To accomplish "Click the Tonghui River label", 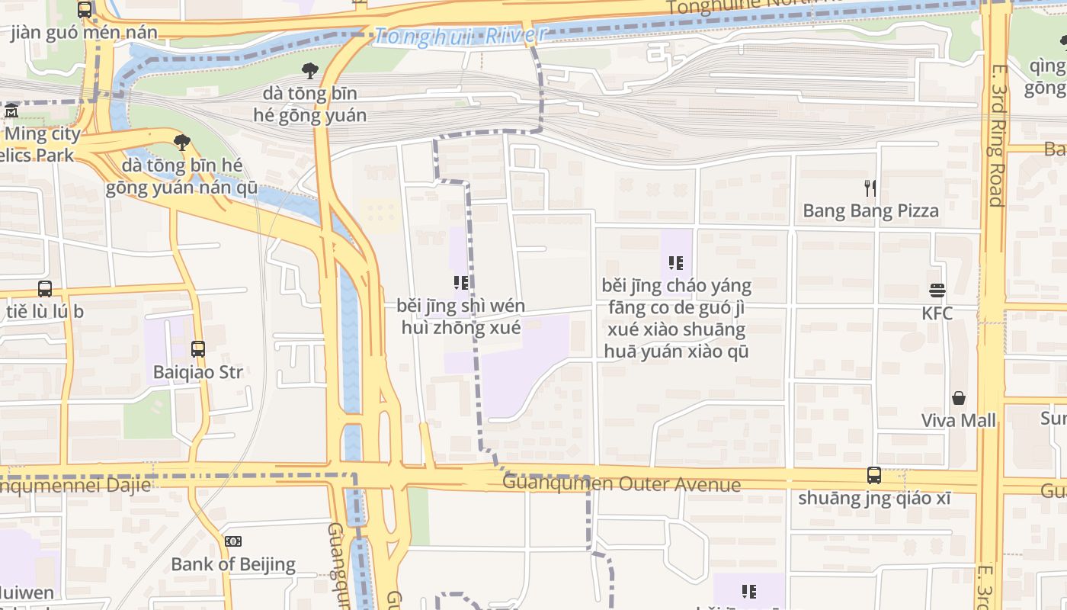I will [460, 35].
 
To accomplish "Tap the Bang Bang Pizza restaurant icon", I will [870, 188].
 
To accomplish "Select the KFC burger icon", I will [937, 291].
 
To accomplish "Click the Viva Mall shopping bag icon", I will [958, 398].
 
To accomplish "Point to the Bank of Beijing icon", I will [233, 541].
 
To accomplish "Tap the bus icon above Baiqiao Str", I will [198, 349].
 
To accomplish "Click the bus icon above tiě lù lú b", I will [45, 289].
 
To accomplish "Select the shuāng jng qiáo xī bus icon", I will [874, 475].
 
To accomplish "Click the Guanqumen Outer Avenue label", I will [621, 484].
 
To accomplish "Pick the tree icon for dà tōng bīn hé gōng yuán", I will [309, 71].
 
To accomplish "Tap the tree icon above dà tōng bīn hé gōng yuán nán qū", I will [181, 142].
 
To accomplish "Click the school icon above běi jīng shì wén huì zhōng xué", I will [460, 283].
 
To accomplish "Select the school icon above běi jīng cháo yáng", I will [676, 263].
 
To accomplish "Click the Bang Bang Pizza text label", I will [870, 210].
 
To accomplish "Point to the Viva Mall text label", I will [958, 420].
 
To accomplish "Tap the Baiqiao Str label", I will [198, 372].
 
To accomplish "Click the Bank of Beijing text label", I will [233, 564].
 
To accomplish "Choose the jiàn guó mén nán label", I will [84, 32].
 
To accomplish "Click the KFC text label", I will [937, 313].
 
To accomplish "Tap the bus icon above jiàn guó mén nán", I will [85, 10].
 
